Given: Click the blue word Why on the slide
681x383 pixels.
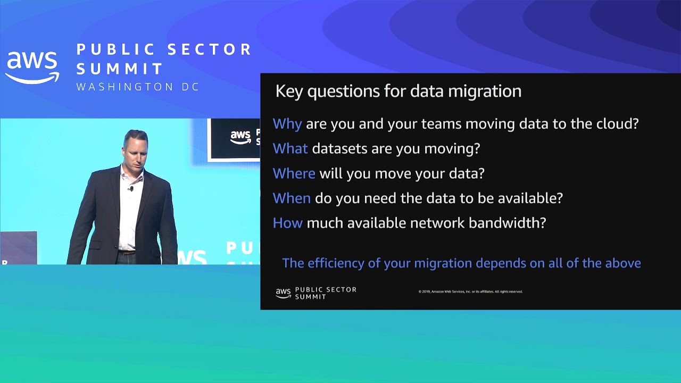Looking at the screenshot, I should coord(287,124).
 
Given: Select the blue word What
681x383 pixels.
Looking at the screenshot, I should coord(290,148).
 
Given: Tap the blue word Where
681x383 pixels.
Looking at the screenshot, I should coord(294,173).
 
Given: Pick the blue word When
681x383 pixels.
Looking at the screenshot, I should coord(292,198).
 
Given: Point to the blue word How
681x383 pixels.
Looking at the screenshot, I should coord(287,223).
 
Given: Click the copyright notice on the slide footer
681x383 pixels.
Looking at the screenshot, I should coord(470,292).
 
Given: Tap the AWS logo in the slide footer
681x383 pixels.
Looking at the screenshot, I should coord(283,293).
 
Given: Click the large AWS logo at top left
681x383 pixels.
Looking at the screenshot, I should coord(32,67).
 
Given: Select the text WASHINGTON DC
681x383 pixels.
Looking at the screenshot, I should coord(138,87).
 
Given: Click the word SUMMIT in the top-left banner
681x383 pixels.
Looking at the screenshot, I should coord(120,69).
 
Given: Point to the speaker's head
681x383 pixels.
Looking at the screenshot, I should coord(135,147).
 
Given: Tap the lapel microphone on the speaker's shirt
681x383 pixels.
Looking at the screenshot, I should coord(131,188).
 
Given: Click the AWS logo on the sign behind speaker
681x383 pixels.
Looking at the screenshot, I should coord(240,137).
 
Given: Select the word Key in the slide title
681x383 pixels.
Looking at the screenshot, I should coord(289,91).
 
